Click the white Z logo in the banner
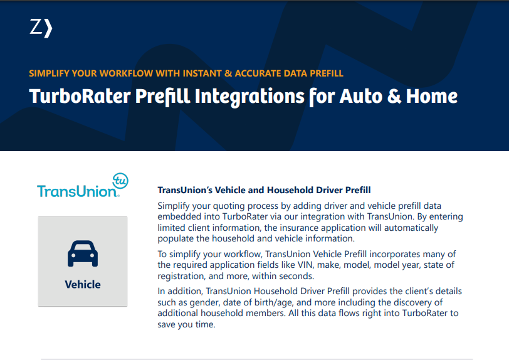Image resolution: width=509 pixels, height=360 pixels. [41, 28]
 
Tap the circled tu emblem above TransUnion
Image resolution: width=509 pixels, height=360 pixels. [120, 181]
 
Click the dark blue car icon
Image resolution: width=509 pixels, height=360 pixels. [83, 253]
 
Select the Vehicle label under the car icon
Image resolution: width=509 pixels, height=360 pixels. [83, 284]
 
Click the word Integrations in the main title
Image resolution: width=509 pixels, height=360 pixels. [249, 97]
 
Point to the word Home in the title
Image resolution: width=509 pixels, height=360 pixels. [432, 97]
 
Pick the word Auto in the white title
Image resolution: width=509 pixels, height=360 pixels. [360, 97]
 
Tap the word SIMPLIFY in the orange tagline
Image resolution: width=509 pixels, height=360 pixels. [49, 73]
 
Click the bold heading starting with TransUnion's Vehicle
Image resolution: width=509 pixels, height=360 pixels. [264, 190]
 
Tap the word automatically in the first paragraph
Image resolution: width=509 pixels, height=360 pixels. [411, 228]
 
